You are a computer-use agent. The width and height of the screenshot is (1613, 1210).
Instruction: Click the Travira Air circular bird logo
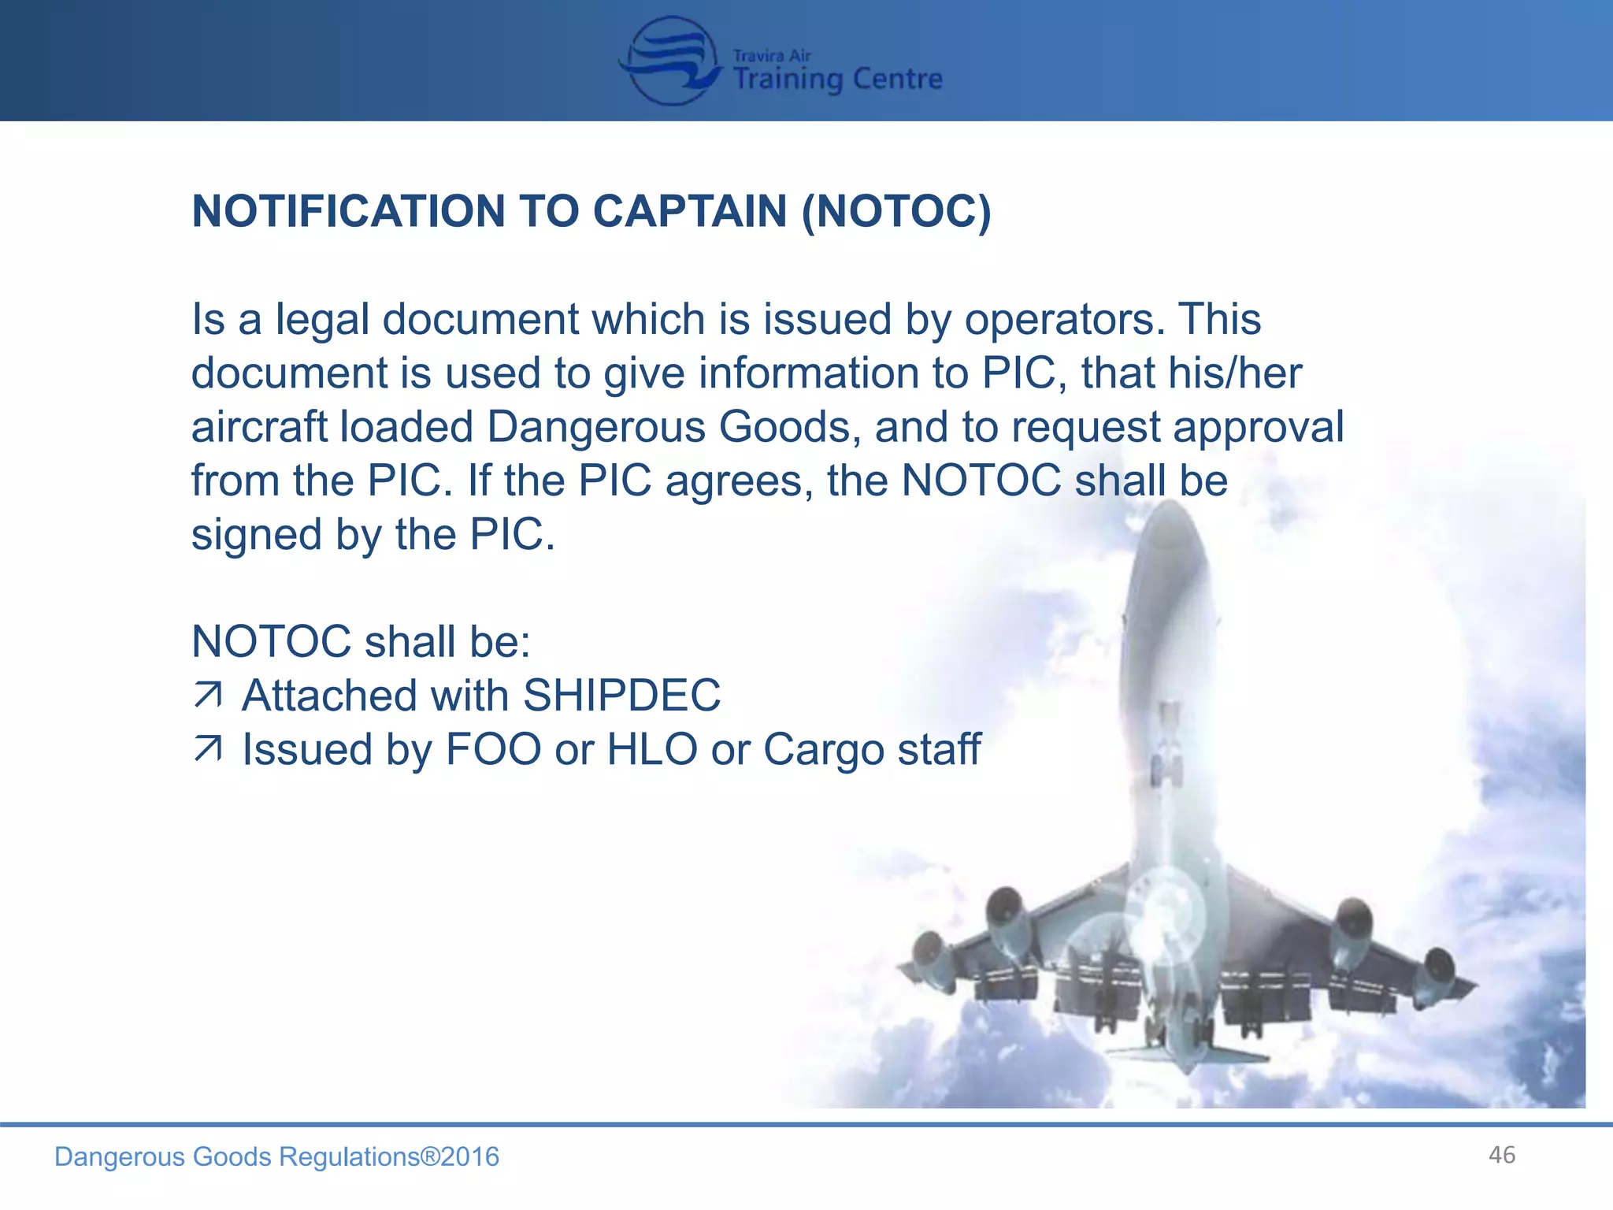(671, 61)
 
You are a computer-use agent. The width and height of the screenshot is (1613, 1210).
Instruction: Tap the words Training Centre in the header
(837, 79)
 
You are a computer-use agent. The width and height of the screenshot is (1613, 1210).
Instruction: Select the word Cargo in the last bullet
(823, 750)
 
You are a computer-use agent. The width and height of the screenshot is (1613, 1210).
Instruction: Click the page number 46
(1502, 1155)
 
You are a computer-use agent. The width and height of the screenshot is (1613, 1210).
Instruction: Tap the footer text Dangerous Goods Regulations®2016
(276, 1156)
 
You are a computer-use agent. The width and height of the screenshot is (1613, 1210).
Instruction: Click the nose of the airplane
(1171, 520)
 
